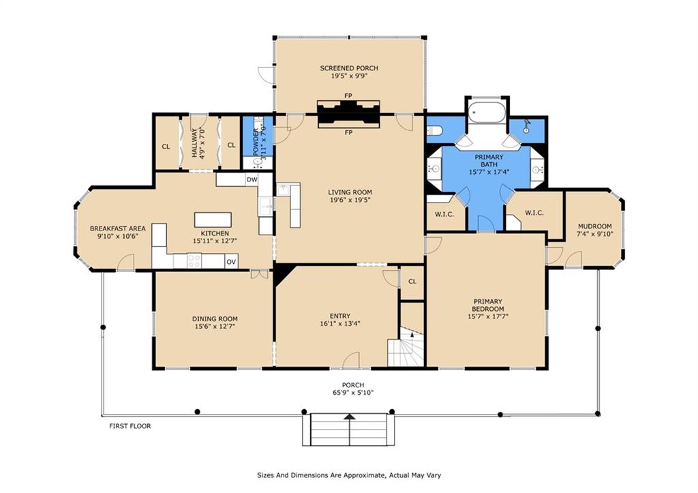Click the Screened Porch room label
point(349,68)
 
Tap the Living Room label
point(350,192)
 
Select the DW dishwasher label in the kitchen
point(252,180)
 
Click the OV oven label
point(231,262)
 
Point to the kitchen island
point(213,220)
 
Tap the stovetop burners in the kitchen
point(194,260)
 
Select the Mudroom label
point(594,226)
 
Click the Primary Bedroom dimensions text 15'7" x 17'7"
point(488,316)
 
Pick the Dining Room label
point(215,319)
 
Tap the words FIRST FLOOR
point(130,426)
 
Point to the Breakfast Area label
point(117,229)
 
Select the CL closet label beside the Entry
point(412,282)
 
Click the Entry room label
point(340,316)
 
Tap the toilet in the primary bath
point(434,130)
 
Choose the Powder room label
point(256,143)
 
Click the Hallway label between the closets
point(194,144)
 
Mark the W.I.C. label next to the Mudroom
point(534,213)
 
